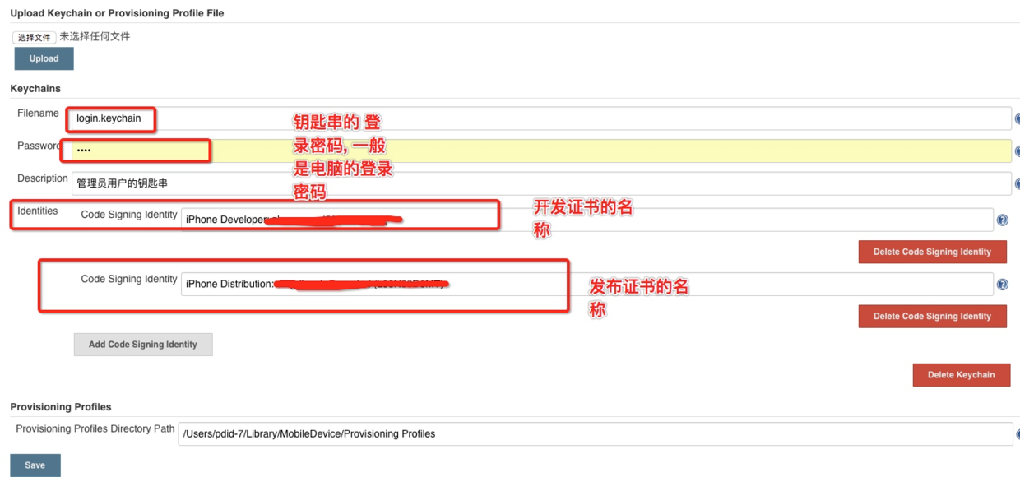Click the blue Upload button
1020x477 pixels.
44,58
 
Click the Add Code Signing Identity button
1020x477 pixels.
143,345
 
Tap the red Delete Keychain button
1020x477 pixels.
961,375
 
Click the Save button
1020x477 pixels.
35,465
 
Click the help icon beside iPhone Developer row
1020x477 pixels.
1002,220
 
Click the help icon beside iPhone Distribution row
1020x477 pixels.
1002,285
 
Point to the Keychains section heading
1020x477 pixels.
35,88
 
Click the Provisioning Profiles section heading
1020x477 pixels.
61,406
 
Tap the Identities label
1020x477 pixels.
38,211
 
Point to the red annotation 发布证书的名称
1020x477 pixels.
638,298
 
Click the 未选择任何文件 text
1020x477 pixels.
95,36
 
